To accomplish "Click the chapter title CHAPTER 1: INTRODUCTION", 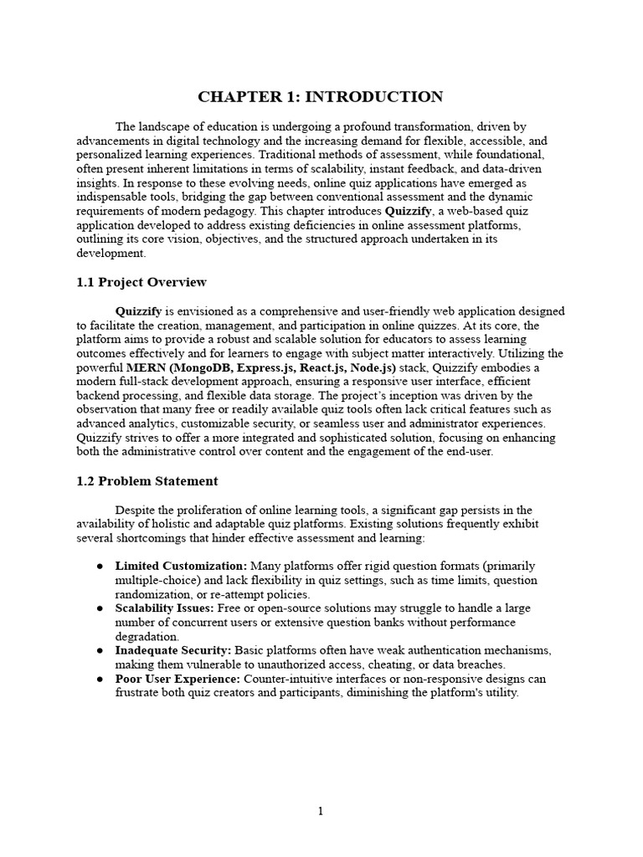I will (321, 96).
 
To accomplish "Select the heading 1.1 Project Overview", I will (141, 282).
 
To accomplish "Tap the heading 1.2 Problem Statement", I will (147, 481).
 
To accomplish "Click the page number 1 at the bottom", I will (321, 811).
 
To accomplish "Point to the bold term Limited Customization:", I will (181, 567).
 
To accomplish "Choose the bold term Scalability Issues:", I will (165, 608).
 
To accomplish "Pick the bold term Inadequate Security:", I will (173, 650).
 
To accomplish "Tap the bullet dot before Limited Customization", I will (99, 567).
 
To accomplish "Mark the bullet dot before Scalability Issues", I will (99, 608).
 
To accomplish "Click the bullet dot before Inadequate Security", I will (99, 650).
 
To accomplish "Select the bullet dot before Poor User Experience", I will (99, 679).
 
